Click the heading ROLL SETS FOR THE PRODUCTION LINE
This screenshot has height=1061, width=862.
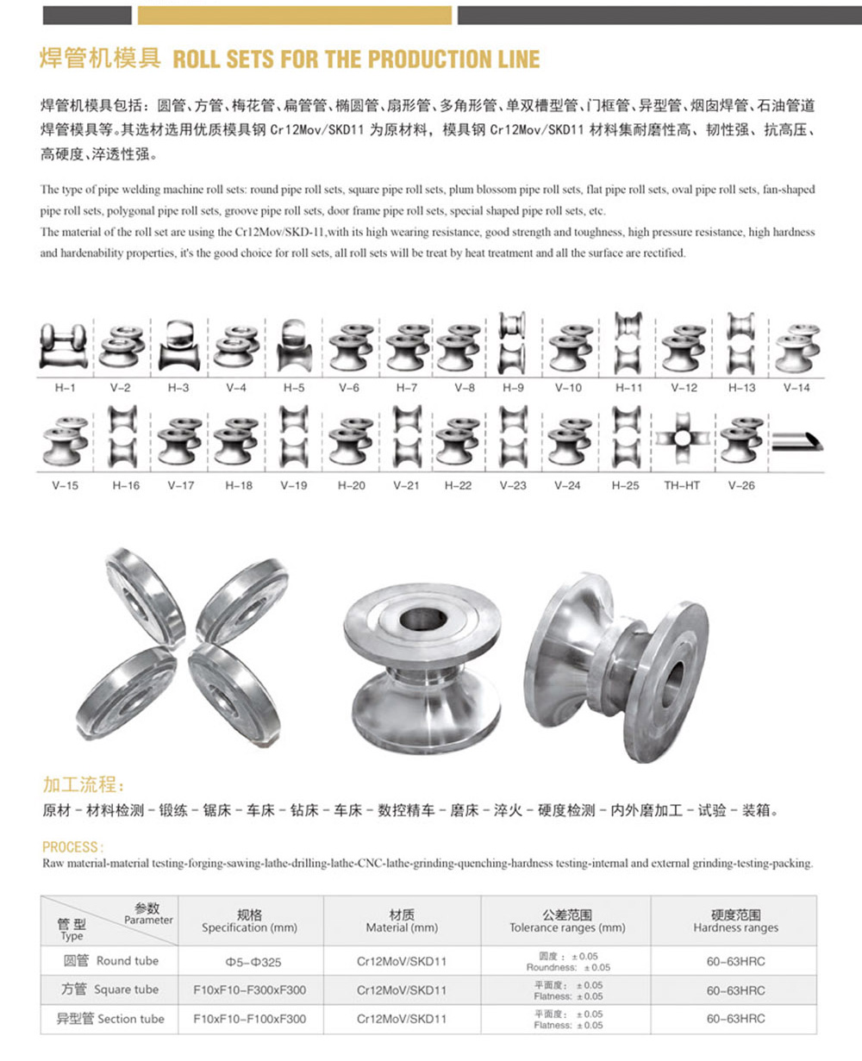point(356,59)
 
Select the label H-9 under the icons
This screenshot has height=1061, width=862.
point(513,388)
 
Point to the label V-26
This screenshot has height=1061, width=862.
point(740,485)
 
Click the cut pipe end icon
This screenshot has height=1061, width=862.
point(796,440)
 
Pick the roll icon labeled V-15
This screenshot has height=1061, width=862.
point(65,441)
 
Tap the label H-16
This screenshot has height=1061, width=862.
point(126,485)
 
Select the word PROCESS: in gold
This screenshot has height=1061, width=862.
point(73,846)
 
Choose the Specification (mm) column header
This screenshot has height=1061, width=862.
point(249,921)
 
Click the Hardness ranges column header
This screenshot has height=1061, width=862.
point(735,921)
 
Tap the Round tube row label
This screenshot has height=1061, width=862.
point(110,961)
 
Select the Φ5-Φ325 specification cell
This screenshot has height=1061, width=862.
point(249,962)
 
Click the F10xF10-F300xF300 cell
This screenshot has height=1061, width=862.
point(249,990)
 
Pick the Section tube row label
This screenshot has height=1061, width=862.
point(110,1019)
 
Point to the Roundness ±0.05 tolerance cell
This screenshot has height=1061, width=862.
point(566,962)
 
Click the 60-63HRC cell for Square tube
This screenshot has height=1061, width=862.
point(735,990)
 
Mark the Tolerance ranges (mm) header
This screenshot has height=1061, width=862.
point(566,921)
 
